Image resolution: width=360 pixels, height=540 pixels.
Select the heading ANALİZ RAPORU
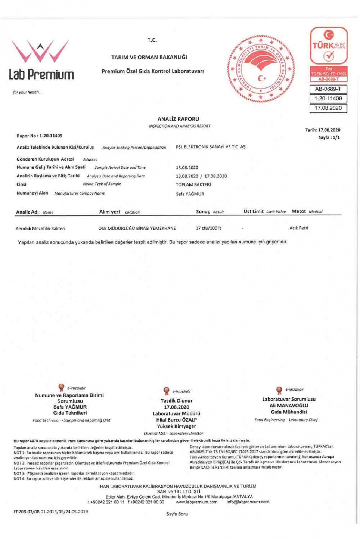(x=178, y=119)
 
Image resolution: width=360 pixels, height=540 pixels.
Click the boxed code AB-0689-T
(x=328, y=89)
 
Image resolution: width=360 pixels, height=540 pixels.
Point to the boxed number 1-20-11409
(x=328, y=99)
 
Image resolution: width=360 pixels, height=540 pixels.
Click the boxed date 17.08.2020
(x=328, y=108)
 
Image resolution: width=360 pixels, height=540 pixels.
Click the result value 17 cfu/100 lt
(x=208, y=228)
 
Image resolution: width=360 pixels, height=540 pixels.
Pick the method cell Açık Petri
(x=299, y=228)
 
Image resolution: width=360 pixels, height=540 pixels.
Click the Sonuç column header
(x=203, y=212)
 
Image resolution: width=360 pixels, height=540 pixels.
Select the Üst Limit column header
(x=254, y=211)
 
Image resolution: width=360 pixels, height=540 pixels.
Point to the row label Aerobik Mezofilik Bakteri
(x=40, y=229)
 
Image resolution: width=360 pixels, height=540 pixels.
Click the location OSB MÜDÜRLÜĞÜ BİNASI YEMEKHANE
(x=137, y=229)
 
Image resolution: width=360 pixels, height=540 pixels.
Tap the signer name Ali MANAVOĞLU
(x=289, y=406)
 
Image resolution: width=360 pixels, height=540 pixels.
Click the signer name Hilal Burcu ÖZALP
(x=177, y=420)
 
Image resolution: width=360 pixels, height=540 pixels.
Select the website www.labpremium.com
(x=196, y=502)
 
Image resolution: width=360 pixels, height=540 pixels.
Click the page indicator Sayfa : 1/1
(x=329, y=137)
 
